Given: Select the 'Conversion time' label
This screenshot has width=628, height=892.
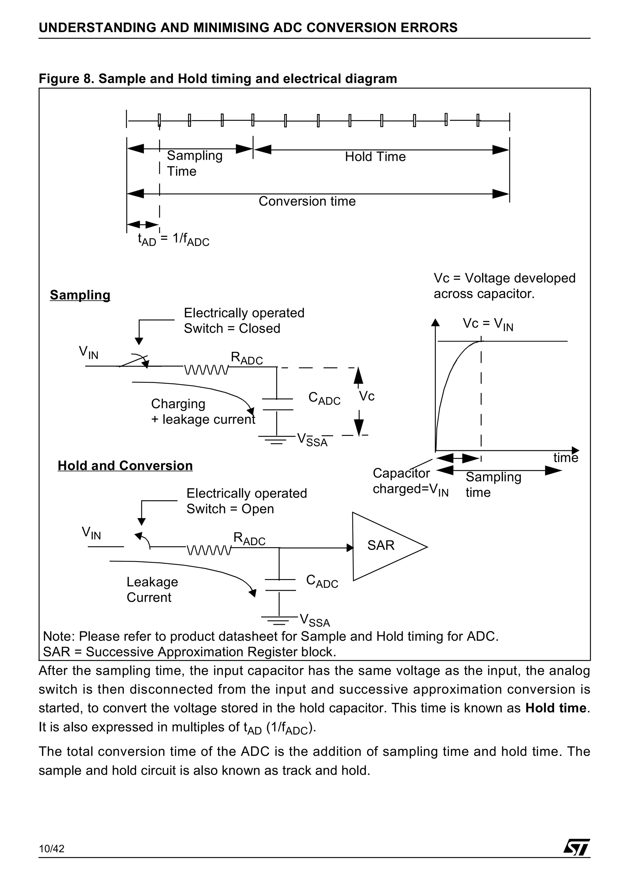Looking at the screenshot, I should coord(307,201).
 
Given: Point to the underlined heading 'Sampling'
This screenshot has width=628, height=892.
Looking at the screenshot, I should coord(80,295).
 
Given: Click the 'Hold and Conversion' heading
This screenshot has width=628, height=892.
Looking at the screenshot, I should coord(125,465).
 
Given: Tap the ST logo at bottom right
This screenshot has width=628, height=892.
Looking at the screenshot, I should coord(576,858).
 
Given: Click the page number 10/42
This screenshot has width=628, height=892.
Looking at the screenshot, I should coord(52,860).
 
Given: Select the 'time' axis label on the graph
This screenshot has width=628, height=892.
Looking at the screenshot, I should coord(565,458).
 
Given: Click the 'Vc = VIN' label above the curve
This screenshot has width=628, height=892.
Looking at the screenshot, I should coord(488,324).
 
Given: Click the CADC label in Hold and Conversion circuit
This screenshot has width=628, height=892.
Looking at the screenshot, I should coord(322,581).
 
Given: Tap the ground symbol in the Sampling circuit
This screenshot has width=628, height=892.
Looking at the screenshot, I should coord(277,440).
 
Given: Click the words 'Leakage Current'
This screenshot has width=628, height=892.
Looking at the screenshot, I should coord(152,589).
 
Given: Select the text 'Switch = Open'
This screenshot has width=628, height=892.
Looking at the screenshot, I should coord(230,509).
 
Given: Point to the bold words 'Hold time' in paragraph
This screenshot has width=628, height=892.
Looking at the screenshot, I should coord(556,708).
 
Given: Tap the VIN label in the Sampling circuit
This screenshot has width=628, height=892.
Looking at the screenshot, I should coord(89,352).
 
